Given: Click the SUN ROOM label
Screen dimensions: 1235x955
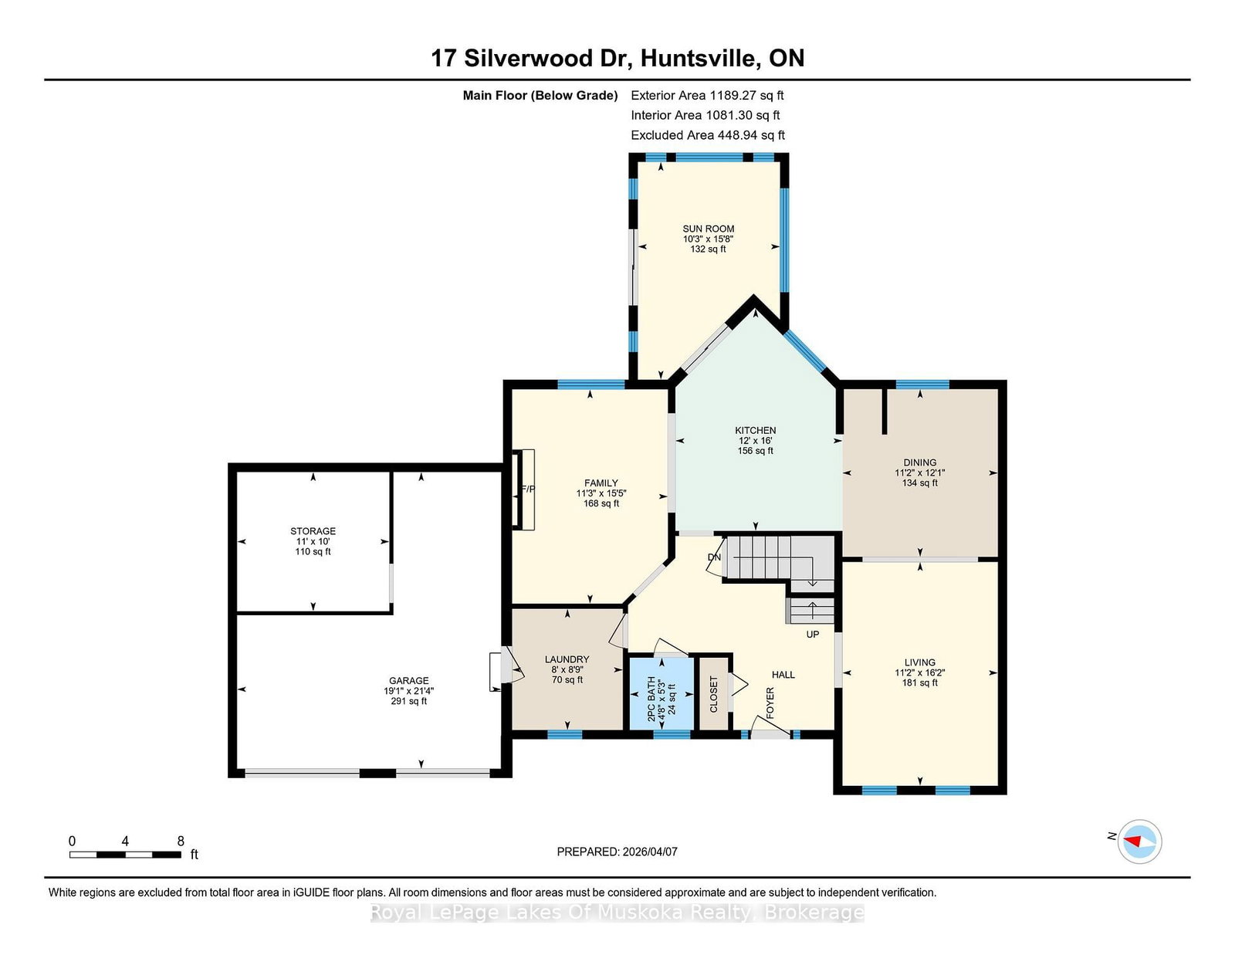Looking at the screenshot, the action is pyautogui.click(x=708, y=229).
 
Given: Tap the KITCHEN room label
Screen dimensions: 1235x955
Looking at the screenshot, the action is pyautogui.click(x=755, y=430).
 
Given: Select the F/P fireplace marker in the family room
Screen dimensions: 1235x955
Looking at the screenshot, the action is pyautogui.click(x=529, y=489).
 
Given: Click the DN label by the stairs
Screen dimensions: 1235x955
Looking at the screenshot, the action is pyautogui.click(x=714, y=557).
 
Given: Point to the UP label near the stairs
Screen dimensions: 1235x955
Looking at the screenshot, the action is pyautogui.click(x=813, y=634).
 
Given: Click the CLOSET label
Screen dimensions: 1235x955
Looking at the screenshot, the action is pyautogui.click(x=714, y=694).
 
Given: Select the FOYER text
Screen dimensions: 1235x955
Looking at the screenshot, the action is pyautogui.click(x=770, y=703).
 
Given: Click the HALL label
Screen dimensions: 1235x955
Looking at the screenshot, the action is pyautogui.click(x=783, y=675).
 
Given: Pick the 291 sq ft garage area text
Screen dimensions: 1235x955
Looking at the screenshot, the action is pyautogui.click(x=408, y=701).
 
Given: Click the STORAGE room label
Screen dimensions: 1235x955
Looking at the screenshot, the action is pyautogui.click(x=313, y=531).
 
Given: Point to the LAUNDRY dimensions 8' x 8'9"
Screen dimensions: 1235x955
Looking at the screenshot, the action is pyautogui.click(x=567, y=669).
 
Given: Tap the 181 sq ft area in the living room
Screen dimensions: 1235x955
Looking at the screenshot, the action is pyautogui.click(x=919, y=682).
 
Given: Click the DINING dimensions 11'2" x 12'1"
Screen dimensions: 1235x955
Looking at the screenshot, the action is pyautogui.click(x=919, y=472).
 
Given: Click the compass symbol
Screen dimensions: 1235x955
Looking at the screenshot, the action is pyautogui.click(x=1139, y=842).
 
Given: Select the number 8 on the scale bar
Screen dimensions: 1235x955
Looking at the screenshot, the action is pyautogui.click(x=181, y=841).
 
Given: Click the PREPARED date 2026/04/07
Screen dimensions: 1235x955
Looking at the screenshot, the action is pyautogui.click(x=650, y=852).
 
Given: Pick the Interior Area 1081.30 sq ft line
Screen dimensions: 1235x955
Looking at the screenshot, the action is pyautogui.click(x=705, y=115).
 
